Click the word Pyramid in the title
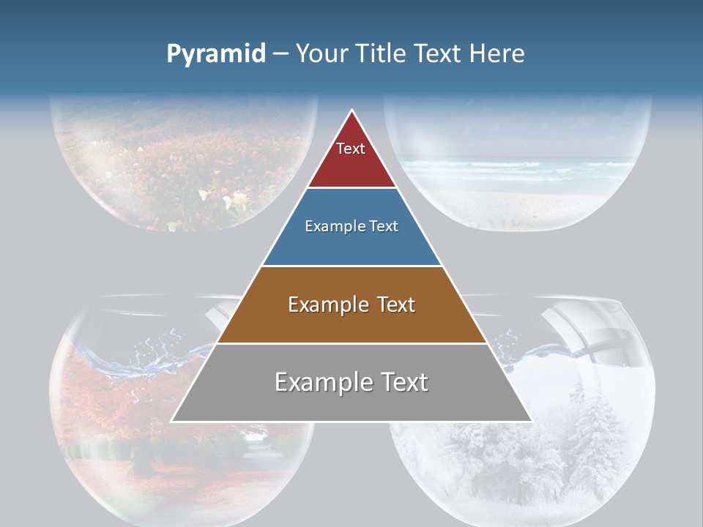coord(215,54)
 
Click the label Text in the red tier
coord(351,149)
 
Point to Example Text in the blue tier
coord(351,226)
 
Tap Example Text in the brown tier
coord(351,304)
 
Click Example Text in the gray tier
coord(351,382)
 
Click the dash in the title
coord(280,54)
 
